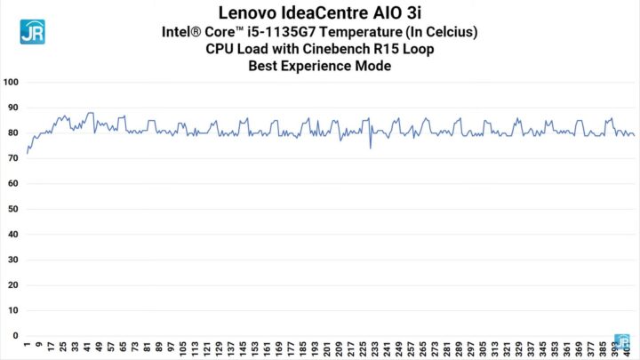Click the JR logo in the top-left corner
click(x=33, y=31)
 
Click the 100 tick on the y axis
click(x=12, y=83)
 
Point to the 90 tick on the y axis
click(x=13, y=108)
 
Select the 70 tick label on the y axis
click(x=13, y=159)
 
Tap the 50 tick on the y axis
click(x=13, y=210)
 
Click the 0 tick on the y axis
click(x=16, y=336)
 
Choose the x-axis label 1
click(x=28, y=345)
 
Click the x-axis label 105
click(x=183, y=348)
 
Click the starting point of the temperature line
click(x=28, y=154)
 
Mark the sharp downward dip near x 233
click(x=371, y=148)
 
